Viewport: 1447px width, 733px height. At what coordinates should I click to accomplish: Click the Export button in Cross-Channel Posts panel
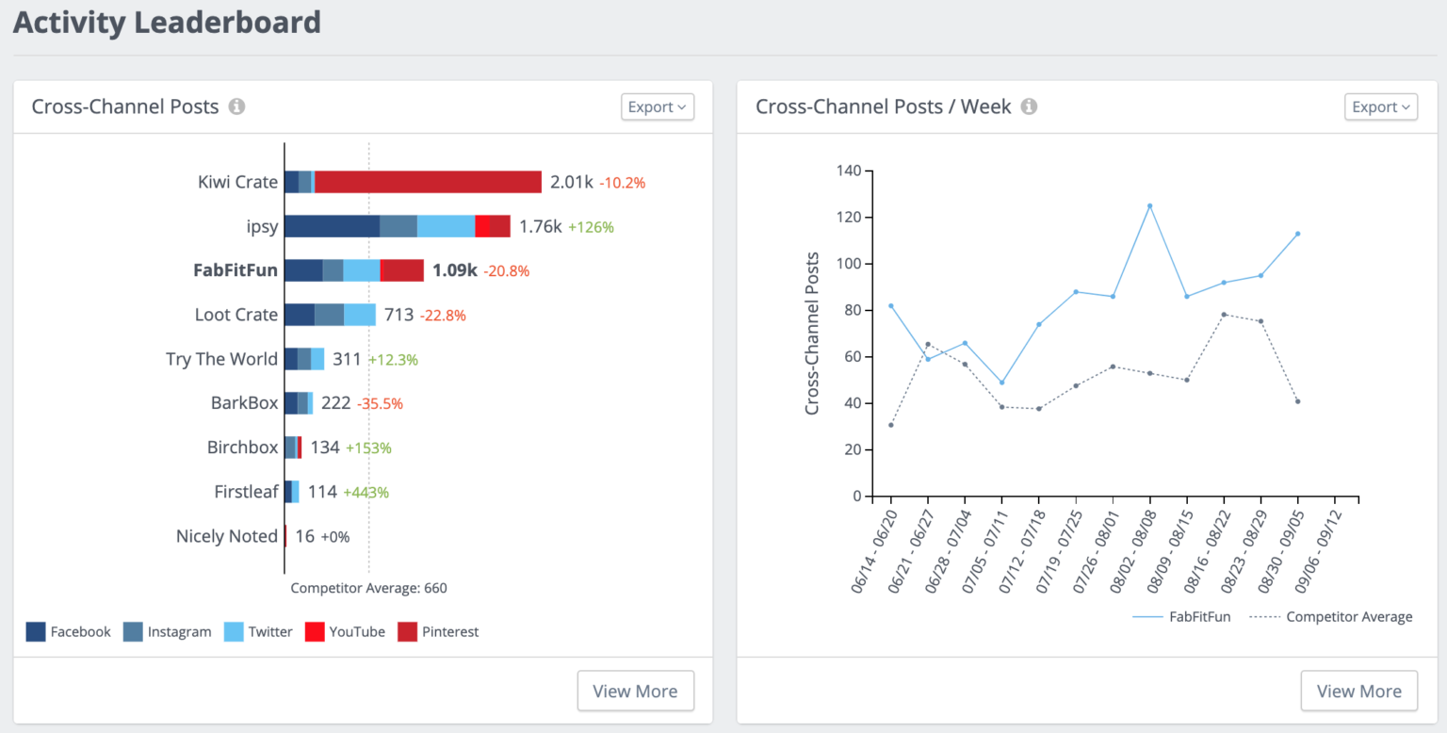[x=658, y=107]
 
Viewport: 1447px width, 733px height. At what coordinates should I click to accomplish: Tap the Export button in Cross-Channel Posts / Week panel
[x=1380, y=107]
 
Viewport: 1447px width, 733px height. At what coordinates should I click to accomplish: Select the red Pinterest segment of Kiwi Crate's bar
[x=428, y=182]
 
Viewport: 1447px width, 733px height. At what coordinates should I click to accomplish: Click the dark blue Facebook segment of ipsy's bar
[x=332, y=226]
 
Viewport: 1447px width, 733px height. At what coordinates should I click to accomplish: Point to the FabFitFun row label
[x=236, y=270]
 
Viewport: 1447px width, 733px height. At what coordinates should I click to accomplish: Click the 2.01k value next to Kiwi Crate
[x=571, y=182]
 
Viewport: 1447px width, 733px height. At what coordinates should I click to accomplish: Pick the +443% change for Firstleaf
[x=366, y=492]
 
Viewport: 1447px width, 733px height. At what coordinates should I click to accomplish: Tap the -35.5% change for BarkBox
[x=380, y=403]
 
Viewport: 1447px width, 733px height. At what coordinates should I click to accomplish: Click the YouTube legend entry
[x=345, y=632]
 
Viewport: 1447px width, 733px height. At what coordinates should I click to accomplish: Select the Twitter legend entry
[x=258, y=632]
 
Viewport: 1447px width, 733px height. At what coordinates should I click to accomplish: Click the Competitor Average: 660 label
[x=368, y=588]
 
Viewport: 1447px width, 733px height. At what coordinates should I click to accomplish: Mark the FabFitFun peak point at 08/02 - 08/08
[x=1149, y=205]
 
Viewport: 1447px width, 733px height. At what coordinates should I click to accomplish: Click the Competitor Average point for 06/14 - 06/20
[x=890, y=425]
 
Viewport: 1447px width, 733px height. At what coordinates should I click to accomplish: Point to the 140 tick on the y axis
[x=849, y=171]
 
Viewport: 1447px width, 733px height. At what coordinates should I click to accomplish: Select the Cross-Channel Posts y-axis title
[x=812, y=334]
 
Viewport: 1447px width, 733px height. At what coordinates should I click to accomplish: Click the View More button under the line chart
[x=1358, y=691]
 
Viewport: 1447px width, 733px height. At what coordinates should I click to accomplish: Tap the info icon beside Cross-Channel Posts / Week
[x=1030, y=107]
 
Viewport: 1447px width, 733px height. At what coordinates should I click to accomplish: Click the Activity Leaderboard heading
[x=167, y=22]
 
